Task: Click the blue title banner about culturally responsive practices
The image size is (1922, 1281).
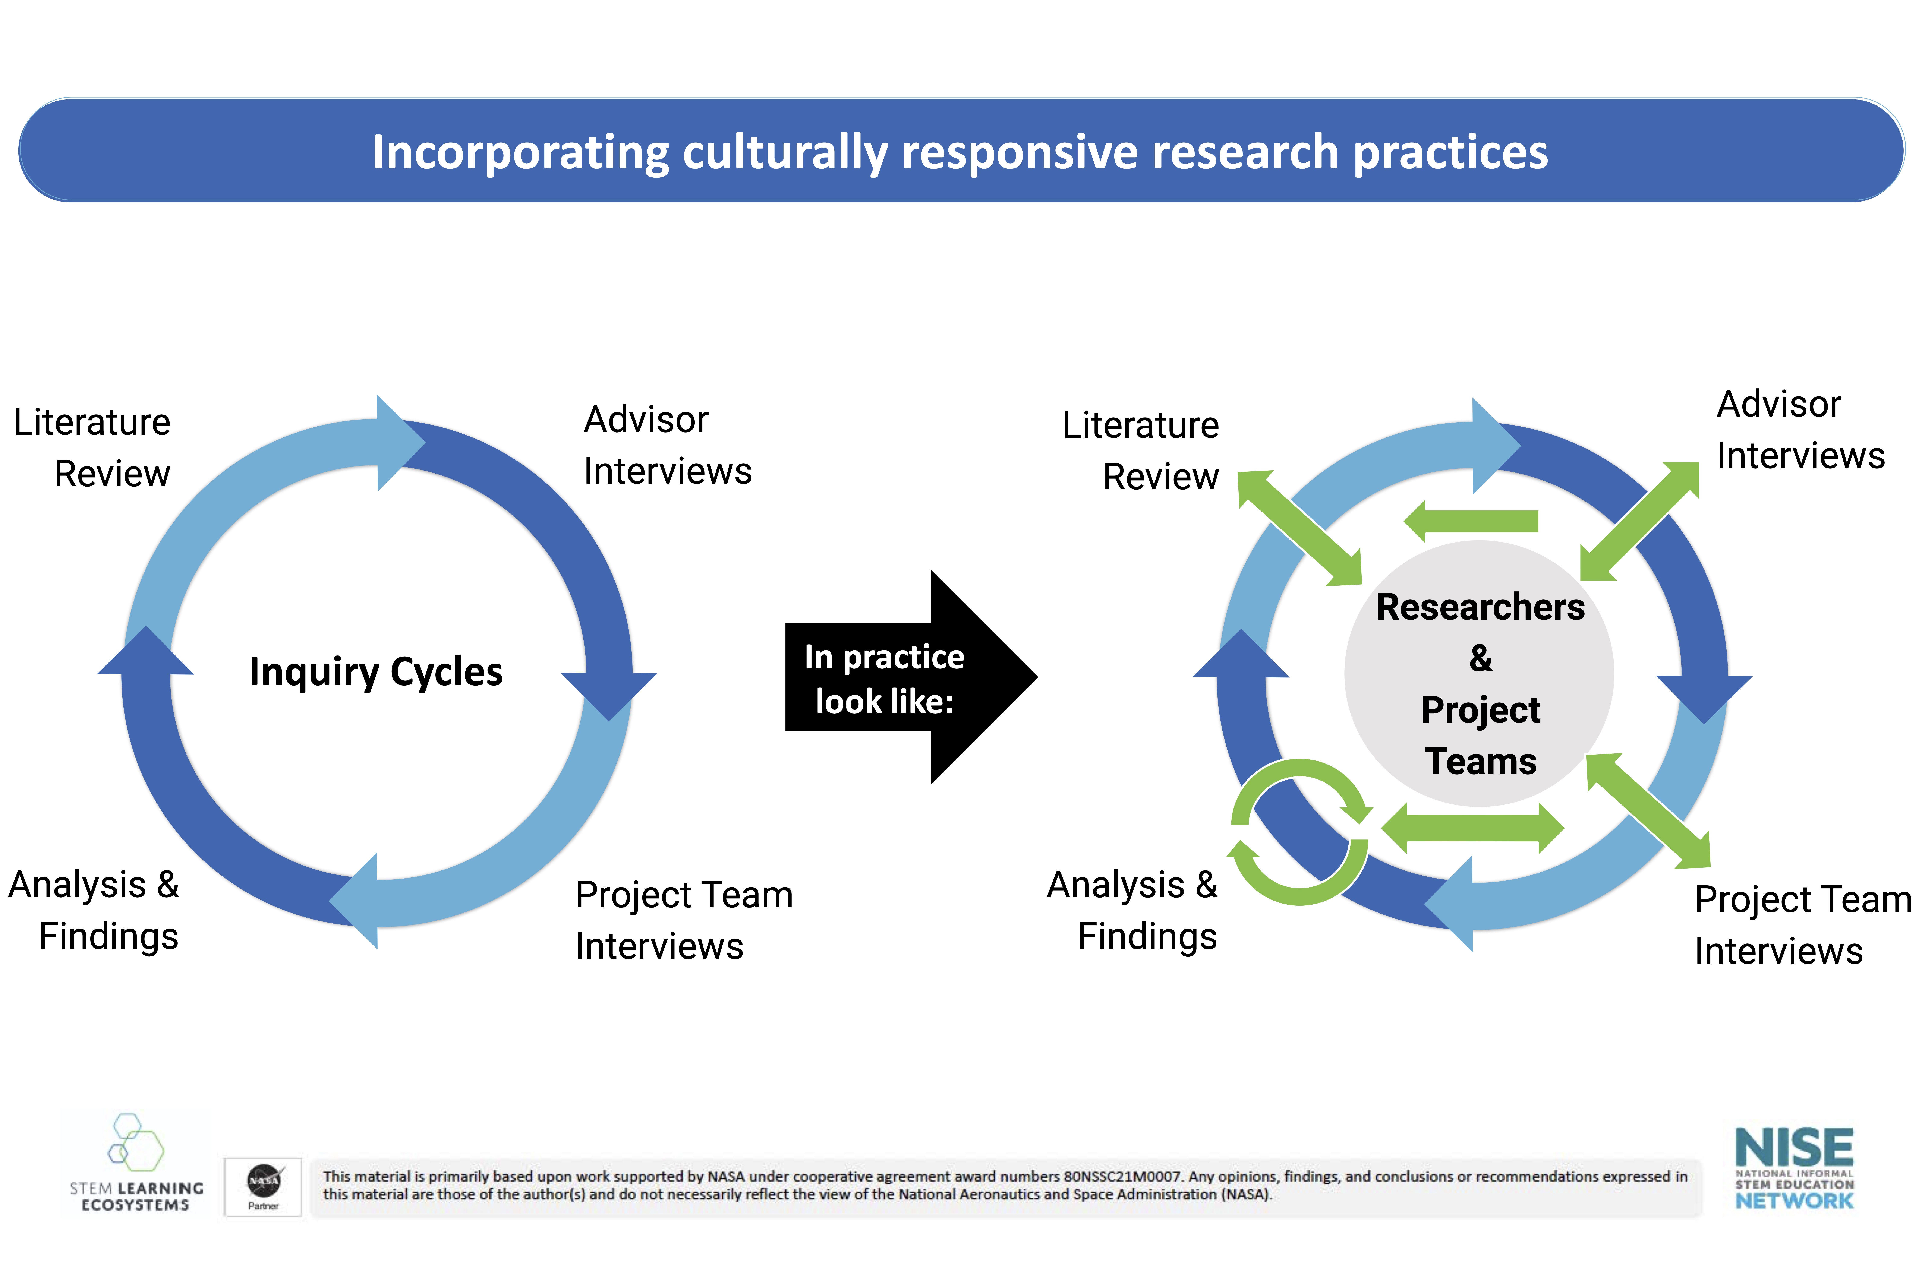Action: click(961, 150)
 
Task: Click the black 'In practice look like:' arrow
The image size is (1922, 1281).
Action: click(911, 677)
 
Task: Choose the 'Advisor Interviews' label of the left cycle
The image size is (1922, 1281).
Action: click(667, 445)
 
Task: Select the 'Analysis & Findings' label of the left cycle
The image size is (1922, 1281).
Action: click(94, 910)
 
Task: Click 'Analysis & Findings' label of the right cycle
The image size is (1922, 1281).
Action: click(1133, 910)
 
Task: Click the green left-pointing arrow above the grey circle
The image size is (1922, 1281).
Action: click(1471, 521)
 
